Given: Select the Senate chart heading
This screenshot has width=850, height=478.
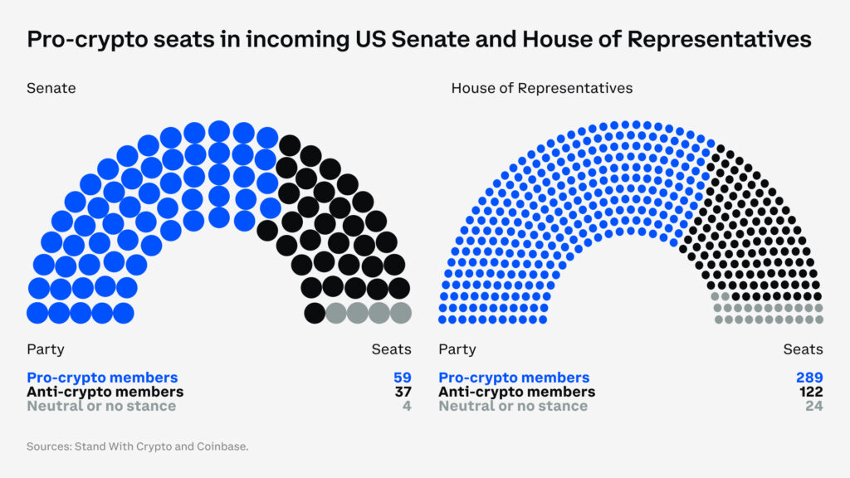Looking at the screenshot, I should click(x=51, y=87).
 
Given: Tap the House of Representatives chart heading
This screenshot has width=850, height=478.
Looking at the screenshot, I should click(x=541, y=87).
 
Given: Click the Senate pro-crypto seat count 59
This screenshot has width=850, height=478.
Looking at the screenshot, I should click(x=403, y=378).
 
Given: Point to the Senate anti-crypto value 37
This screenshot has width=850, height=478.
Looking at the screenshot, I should click(x=403, y=392).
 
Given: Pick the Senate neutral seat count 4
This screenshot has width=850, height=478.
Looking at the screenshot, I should click(x=407, y=406).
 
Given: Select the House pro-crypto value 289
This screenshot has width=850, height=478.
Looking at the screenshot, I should click(x=809, y=378).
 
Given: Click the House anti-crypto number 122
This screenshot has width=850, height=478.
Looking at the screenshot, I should click(x=810, y=392).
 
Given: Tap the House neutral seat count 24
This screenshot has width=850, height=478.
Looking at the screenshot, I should click(x=813, y=406).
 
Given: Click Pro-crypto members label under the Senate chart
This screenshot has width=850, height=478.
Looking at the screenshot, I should click(x=102, y=378).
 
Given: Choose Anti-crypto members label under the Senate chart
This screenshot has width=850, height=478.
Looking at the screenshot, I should click(x=105, y=392).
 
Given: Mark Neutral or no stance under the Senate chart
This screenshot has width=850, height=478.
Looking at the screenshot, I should click(x=101, y=406).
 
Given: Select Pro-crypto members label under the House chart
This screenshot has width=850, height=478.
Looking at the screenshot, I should click(x=514, y=378).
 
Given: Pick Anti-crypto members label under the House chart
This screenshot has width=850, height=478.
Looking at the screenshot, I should click(x=516, y=392).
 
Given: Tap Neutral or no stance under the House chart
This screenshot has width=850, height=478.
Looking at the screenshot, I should click(x=513, y=406).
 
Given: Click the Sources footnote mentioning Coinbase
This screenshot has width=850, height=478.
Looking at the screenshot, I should click(x=137, y=446).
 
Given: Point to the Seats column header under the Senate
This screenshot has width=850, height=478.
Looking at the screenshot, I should click(x=391, y=349).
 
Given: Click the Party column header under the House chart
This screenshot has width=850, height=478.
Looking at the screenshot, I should click(x=457, y=349).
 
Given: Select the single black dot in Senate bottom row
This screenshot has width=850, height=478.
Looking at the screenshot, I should click(x=315, y=313).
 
